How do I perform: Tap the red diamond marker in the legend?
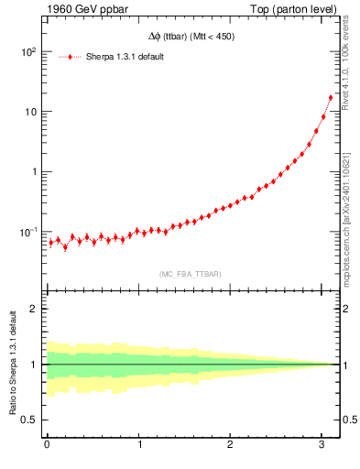click(x=71, y=57)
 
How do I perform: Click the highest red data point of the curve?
click(x=331, y=97)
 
